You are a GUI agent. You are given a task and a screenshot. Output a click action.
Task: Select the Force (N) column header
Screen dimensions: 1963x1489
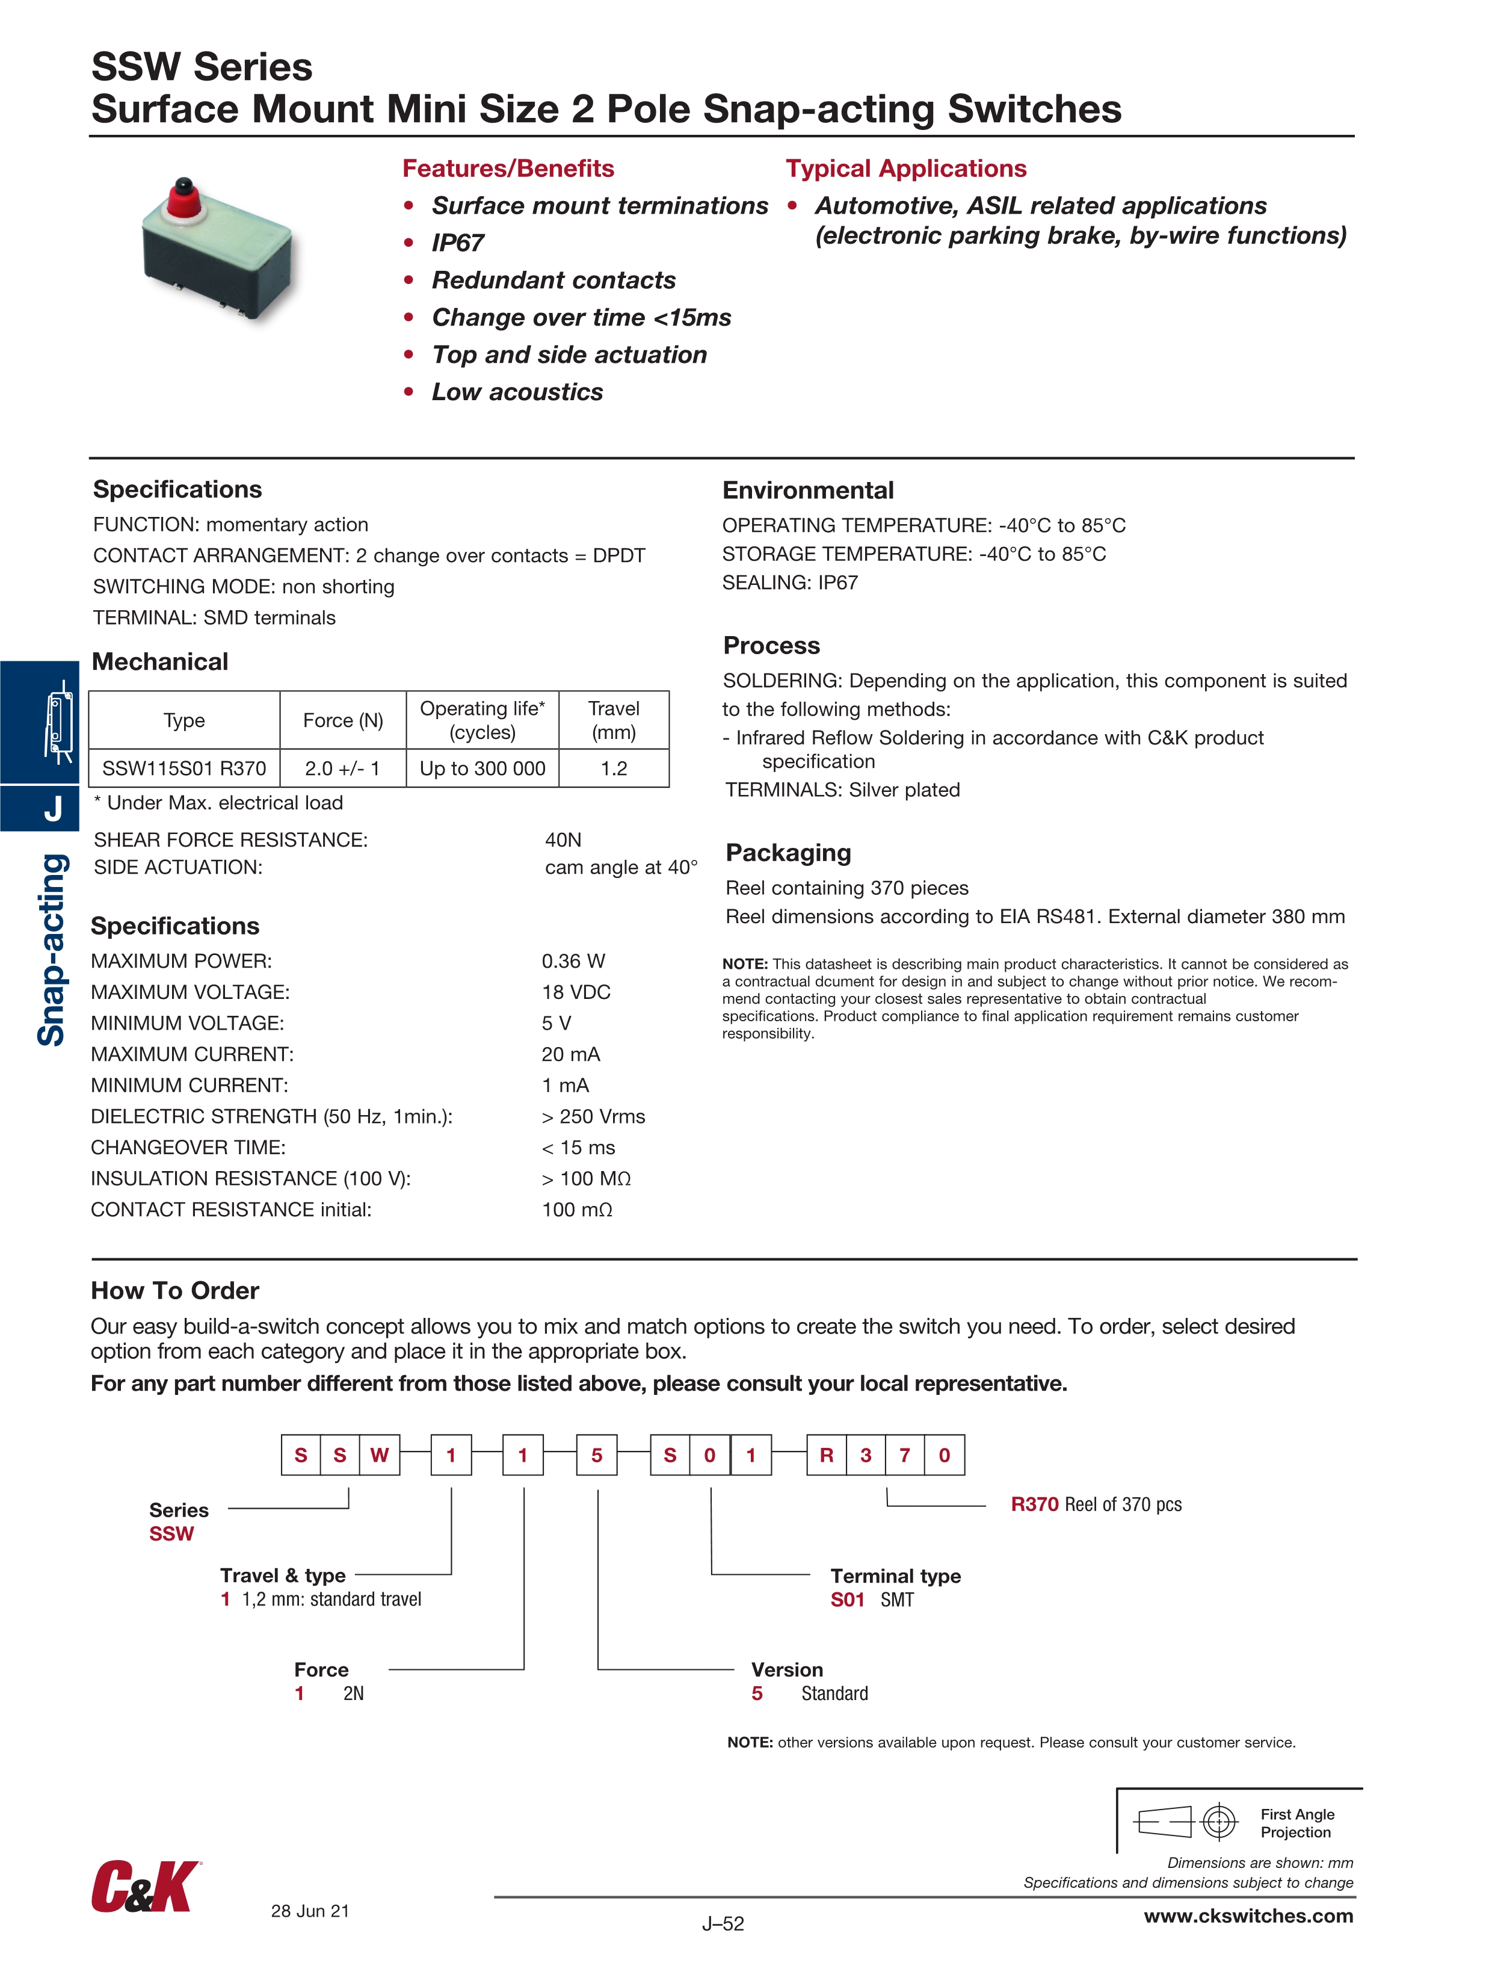point(342,720)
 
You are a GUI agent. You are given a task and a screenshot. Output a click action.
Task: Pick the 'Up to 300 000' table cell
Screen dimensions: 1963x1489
point(482,768)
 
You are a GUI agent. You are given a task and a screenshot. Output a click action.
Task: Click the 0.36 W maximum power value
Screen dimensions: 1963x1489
point(573,961)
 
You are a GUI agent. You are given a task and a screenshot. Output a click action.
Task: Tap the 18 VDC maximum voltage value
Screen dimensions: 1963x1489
point(576,992)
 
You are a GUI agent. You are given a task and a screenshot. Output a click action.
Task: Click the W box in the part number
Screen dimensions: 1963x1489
point(380,1455)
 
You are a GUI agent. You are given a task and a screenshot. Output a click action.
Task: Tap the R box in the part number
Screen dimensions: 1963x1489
point(826,1455)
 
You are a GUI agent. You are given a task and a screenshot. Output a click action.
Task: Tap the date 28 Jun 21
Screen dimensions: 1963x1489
point(310,1911)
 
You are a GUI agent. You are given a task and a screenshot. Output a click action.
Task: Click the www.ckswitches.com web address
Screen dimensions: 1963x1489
point(1248,1916)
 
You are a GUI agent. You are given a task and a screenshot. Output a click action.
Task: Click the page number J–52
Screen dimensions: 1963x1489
point(723,1924)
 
